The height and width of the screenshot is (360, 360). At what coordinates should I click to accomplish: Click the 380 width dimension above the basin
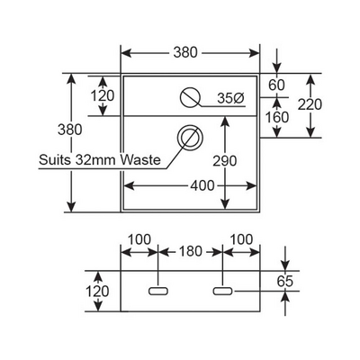pos(185,53)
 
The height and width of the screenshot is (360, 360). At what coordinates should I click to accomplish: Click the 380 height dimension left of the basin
pos(70,130)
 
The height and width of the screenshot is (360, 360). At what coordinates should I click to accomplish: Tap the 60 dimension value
pos(276,85)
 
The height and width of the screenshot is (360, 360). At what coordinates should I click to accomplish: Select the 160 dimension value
pos(277,117)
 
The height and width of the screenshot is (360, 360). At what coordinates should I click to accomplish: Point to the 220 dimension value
pos(310,104)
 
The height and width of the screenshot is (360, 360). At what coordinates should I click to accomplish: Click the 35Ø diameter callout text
pos(231,98)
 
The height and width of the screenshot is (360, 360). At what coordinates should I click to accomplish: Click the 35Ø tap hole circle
pos(190,97)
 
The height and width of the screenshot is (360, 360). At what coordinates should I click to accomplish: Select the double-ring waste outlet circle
pos(190,137)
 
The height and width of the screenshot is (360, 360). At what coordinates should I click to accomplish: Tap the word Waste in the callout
pos(140,160)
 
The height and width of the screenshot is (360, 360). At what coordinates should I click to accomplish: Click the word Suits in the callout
pos(55,160)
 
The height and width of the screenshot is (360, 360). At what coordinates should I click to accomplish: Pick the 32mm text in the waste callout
pos(95,160)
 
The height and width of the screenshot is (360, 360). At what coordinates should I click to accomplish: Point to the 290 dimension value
pos(225,161)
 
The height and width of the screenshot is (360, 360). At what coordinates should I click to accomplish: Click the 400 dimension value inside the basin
pos(202,186)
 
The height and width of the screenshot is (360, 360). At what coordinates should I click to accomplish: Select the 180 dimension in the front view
pos(191,251)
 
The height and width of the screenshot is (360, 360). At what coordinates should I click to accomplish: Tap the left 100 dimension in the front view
pos(139,239)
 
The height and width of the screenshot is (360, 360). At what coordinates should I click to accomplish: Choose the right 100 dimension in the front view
pos(241,239)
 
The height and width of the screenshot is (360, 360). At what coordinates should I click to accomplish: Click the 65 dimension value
pos(284,281)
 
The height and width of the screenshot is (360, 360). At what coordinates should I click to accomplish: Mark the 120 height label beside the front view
pos(97,292)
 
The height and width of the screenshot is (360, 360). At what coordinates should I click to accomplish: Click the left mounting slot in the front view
pos(158,291)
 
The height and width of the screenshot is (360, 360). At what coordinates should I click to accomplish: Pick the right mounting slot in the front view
pos(222,291)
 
